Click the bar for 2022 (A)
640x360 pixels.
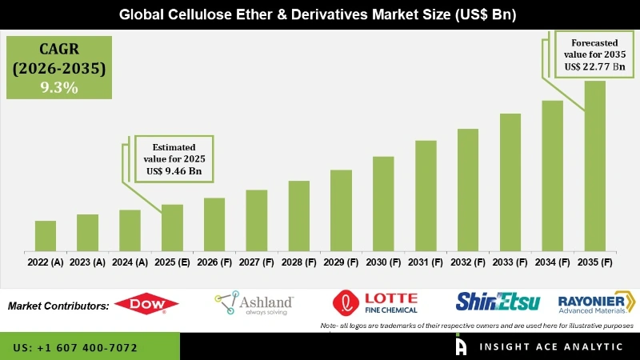(46, 236)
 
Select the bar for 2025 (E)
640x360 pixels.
(172, 228)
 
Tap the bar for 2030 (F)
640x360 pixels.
(383, 204)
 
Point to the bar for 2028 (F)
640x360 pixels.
(298, 216)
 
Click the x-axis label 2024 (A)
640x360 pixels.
(130, 262)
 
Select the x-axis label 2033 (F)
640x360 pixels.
(510, 262)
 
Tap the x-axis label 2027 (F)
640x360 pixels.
(256, 262)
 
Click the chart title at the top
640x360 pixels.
(320, 14)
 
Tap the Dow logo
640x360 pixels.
(146, 304)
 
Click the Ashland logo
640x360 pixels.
(254, 302)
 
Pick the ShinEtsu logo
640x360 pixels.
(498, 302)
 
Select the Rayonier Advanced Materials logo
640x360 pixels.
(596, 302)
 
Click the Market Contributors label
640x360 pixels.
(58, 306)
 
